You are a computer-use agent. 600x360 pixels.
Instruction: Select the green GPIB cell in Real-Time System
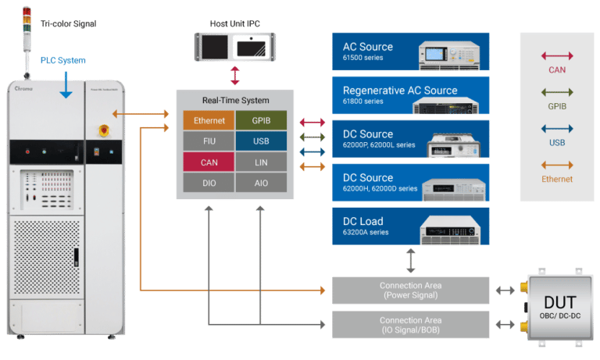tap(262, 120)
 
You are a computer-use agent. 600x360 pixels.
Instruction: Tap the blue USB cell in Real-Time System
tap(262, 141)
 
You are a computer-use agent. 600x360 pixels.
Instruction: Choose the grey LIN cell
tap(262, 162)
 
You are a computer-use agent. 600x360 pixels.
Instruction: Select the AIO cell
tap(262, 182)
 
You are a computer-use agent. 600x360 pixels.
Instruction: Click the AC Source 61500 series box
tap(411, 52)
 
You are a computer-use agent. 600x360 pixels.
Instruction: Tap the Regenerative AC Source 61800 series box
tap(411, 95)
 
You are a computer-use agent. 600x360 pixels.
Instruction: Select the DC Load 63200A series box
tap(411, 226)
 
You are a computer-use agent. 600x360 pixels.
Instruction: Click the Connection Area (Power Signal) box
tap(411, 290)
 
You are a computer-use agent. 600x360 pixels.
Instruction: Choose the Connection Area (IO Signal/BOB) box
tap(411, 324)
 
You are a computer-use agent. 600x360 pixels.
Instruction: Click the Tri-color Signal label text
tap(68, 24)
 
